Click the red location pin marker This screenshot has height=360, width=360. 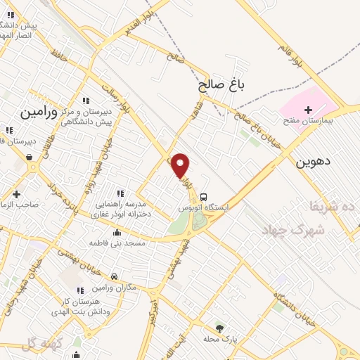click(x=181, y=165)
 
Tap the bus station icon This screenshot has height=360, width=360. click(x=203, y=196)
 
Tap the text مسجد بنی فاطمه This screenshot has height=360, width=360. click(x=117, y=243)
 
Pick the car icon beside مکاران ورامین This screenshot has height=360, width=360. click(x=115, y=276)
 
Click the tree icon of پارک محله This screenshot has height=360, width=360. click(x=219, y=328)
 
